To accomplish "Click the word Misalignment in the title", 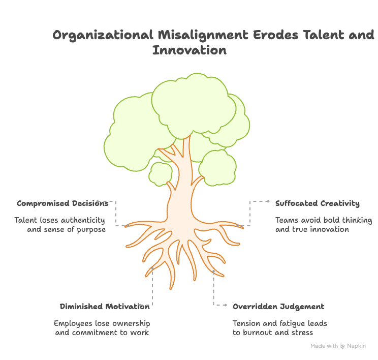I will (x=201, y=35).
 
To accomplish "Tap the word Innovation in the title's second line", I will (x=189, y=50).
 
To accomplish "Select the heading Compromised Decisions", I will (x=62, y=203).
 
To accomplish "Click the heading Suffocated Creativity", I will (x=317, y=203).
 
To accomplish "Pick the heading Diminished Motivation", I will (x=105, y=307).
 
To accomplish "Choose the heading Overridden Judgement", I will (x=278, y=307).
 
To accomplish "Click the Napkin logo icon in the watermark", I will (x=343, y=346).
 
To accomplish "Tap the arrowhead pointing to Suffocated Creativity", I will (x=268, y=201).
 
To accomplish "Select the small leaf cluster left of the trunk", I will (x=161, y=173).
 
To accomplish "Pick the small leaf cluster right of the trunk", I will (x=217, y=167).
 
